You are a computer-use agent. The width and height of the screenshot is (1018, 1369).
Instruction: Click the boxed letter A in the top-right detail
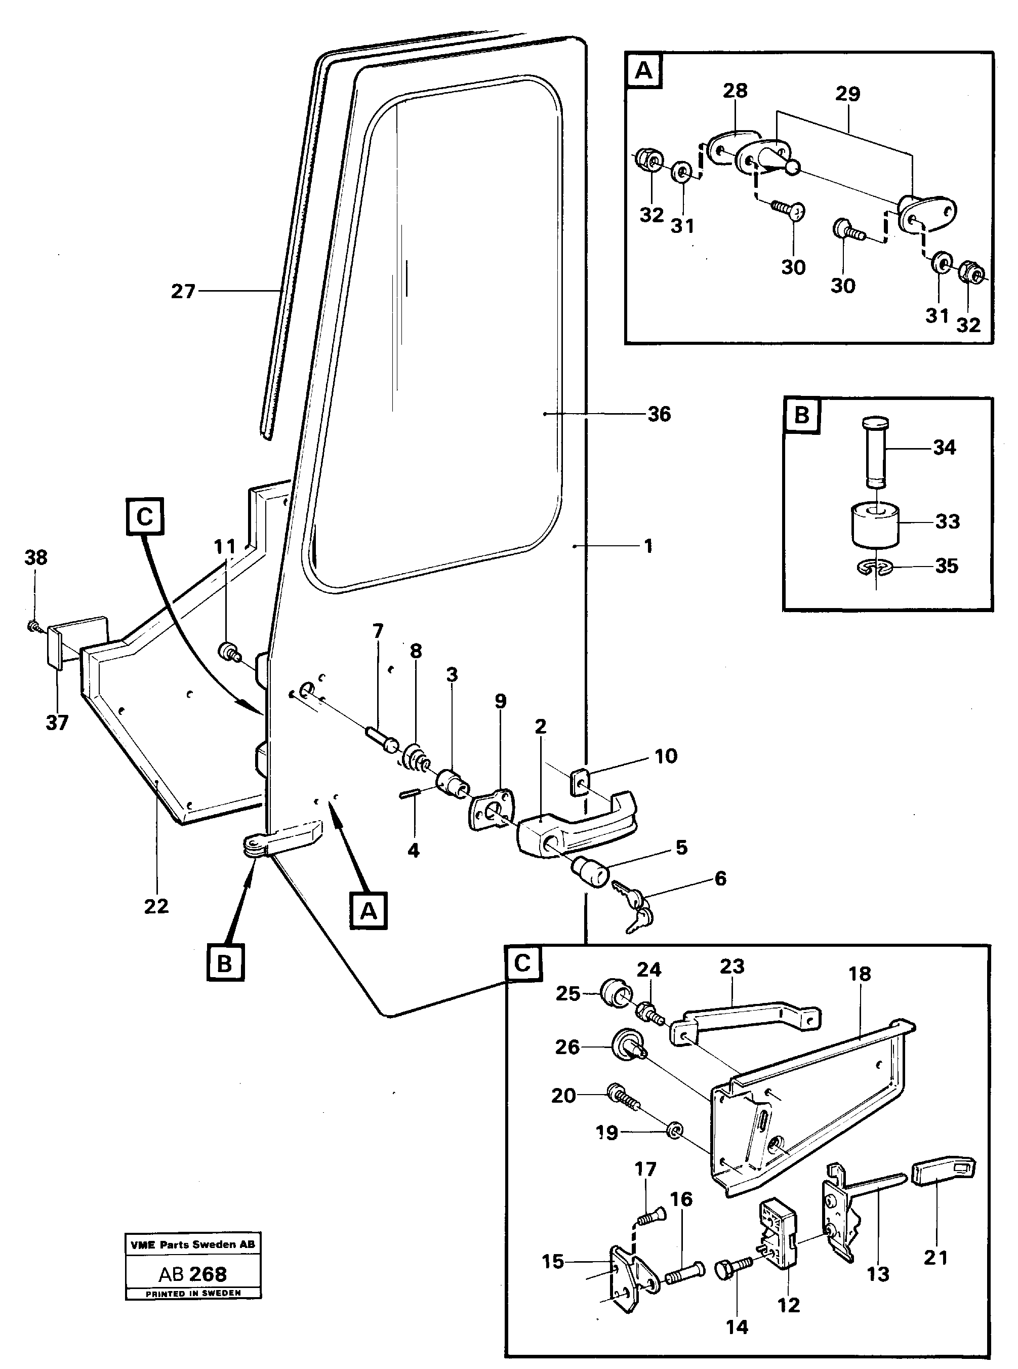click(643, 71)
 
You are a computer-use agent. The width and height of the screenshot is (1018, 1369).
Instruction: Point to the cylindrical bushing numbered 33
click(876, 524)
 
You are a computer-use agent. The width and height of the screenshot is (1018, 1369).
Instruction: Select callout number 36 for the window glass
click(659, 414)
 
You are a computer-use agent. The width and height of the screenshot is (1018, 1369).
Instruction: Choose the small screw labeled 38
click(33, 626)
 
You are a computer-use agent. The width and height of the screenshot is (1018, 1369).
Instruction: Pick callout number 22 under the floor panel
click(156, 906)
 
